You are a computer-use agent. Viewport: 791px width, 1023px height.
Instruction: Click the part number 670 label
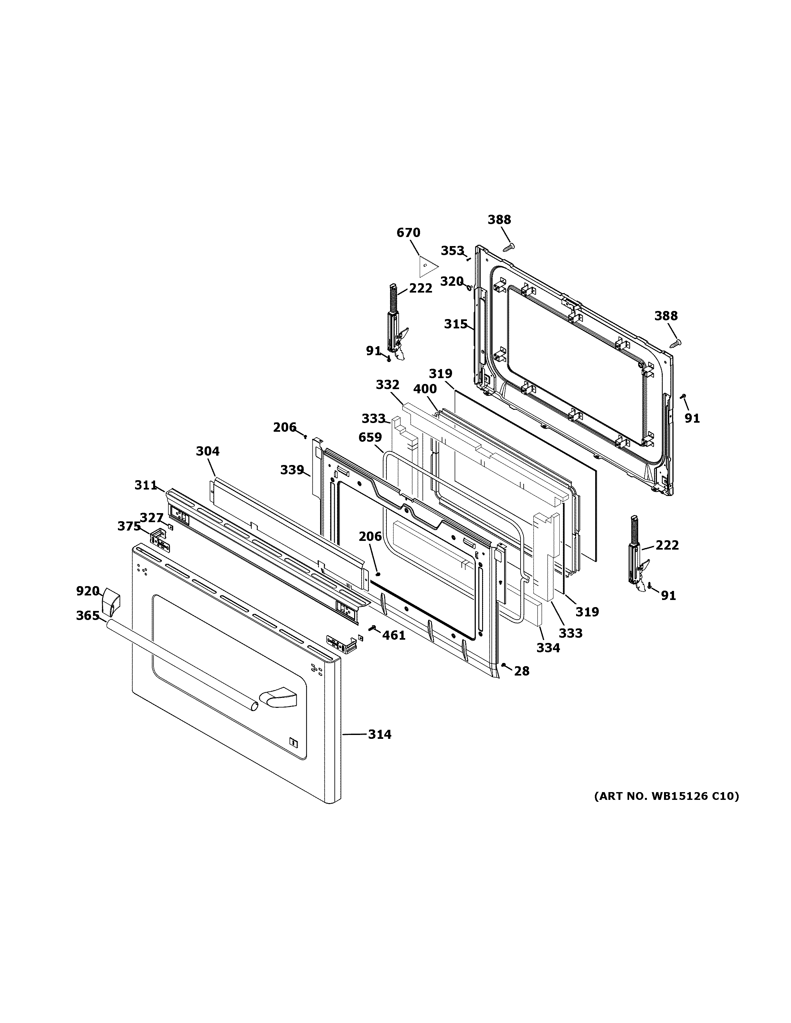pos(408,233)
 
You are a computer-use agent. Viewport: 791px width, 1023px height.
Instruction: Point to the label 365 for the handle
pos(87,615)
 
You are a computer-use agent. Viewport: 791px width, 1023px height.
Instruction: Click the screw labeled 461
pos(374,628)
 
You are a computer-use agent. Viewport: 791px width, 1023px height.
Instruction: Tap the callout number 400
pos(425,389)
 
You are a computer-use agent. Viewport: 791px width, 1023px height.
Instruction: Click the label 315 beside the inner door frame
pos(456,324)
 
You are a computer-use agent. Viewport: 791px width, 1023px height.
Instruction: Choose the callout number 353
pos(452,251)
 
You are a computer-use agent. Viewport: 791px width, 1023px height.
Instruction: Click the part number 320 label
pos(452,282)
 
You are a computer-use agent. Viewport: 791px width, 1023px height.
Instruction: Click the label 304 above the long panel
pos(207,451)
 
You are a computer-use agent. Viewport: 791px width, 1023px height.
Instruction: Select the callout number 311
pos(146,486)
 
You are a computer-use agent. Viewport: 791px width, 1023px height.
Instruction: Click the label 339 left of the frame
pos(292,470)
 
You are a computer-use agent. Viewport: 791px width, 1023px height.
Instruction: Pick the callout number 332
pos(387,385)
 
